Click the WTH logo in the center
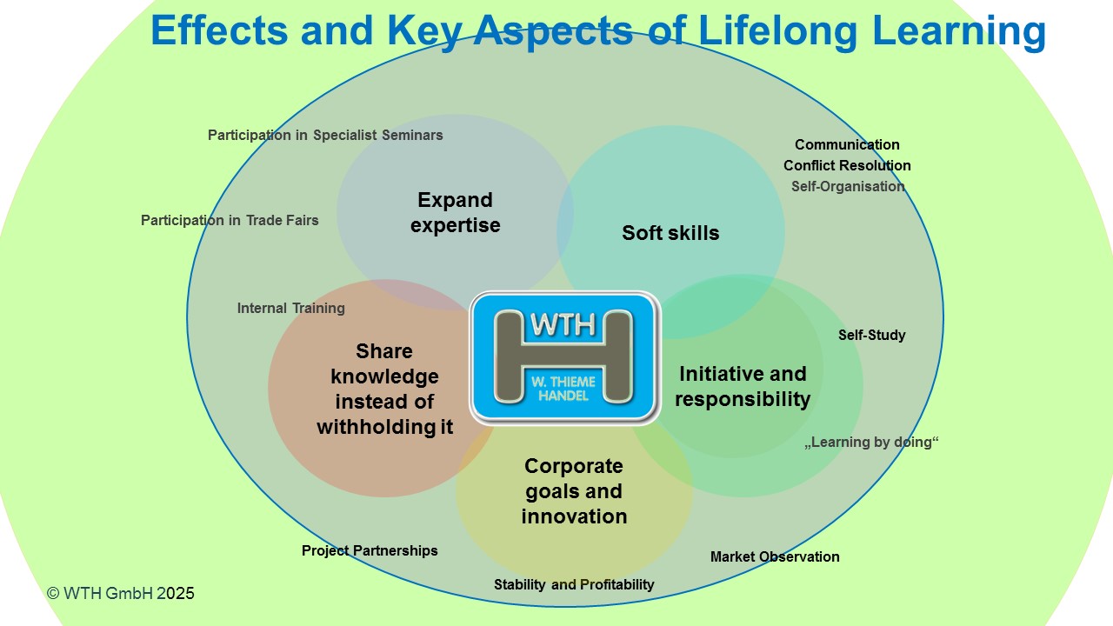pyautogui.click(x=563, y=356)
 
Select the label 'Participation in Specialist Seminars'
pyautogui.click(x=325, y=135)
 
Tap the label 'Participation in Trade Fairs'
pyautogui.click(x=230, y=220)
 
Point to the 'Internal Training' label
pyautogui.click(x=291, y=308)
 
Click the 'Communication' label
pyautogui.click(x=847, y=144)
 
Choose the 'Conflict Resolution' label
pyautogui.click(x=847, y=165)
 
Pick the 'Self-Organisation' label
pyautogui.click(x=848, y=186)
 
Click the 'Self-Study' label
pyautogui.click(x=872, y=335)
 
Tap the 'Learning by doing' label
pyautogui.click(x=872, y=442)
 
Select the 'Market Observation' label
pyautogui.click(x=775, y=556)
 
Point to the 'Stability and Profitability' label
pyautogui.click(x=574, y=584)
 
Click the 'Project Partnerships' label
pyautogui.click(x=370, y=550)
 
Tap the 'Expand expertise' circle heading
pyautogui.click(x=456, y=212)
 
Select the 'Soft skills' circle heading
pyautogui.click(x=670, y=233)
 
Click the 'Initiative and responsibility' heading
pyautogui.click(x=743, y=386)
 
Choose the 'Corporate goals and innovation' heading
pyautogui.click(x=574, y=490)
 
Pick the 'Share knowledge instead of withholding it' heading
pyautogui.click(x=384, y=389)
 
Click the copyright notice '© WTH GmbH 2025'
pyautogui.click(x=121, y=593)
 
